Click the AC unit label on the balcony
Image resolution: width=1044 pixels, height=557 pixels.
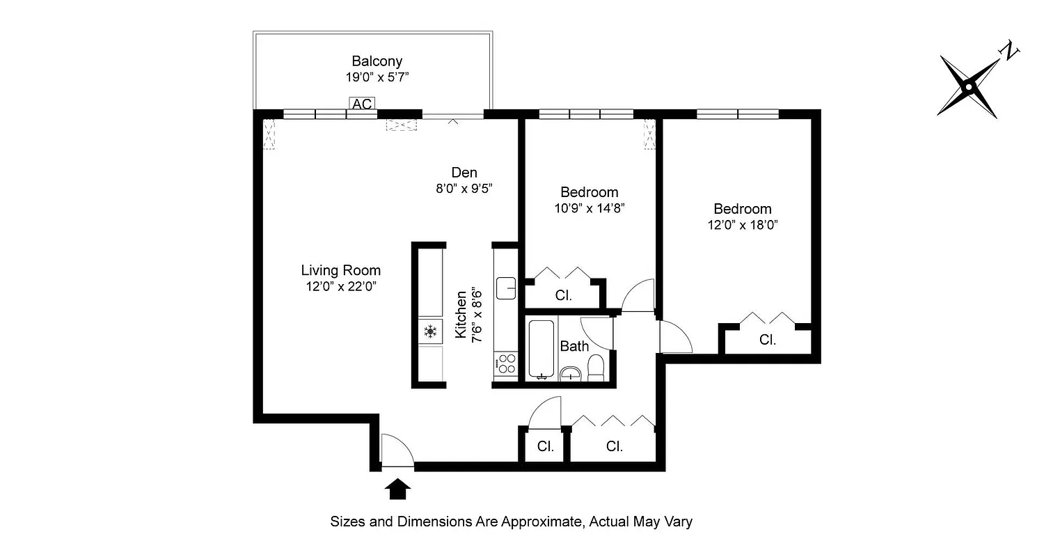362,104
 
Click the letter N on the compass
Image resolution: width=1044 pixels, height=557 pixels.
1009,51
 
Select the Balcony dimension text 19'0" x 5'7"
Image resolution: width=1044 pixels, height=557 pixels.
377,78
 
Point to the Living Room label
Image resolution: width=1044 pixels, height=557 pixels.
340,270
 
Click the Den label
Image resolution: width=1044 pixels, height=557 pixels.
464,172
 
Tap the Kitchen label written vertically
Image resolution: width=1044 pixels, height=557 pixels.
461,315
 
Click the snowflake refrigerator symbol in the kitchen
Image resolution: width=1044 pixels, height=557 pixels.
430,331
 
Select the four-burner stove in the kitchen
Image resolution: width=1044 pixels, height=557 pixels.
506,364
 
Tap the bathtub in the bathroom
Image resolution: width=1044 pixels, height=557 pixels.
541,349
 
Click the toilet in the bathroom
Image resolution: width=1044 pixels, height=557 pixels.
596,368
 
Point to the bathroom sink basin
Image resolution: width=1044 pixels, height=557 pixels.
571,372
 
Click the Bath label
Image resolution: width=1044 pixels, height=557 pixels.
574,346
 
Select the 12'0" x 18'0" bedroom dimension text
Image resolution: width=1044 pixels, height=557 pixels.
742,225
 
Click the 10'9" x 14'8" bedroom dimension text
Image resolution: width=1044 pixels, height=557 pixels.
589,208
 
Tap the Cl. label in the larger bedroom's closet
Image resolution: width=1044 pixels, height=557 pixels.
768,340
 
